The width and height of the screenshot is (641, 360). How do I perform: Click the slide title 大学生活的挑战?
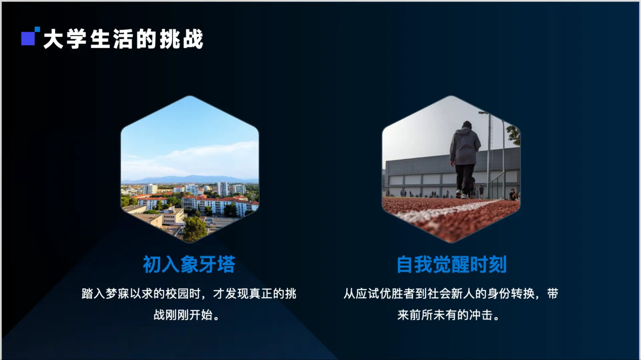123,39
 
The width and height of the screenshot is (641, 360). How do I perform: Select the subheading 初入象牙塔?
189,265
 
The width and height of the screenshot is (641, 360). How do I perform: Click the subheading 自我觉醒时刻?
451,265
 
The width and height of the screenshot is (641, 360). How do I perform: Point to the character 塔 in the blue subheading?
226,265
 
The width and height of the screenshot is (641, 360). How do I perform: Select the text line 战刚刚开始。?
186,315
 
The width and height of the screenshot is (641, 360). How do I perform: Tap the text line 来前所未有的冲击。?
448,315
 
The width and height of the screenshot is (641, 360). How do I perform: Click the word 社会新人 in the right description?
451,294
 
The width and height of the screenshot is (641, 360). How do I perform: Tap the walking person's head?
467,125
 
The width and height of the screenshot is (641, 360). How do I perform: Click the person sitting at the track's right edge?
513,195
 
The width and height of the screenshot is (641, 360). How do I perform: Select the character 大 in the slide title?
53,39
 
